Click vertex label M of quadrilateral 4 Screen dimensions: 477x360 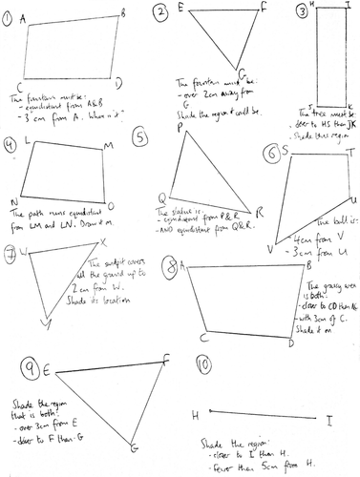tap(107, 145)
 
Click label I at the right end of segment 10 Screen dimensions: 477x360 tap(328, 419)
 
